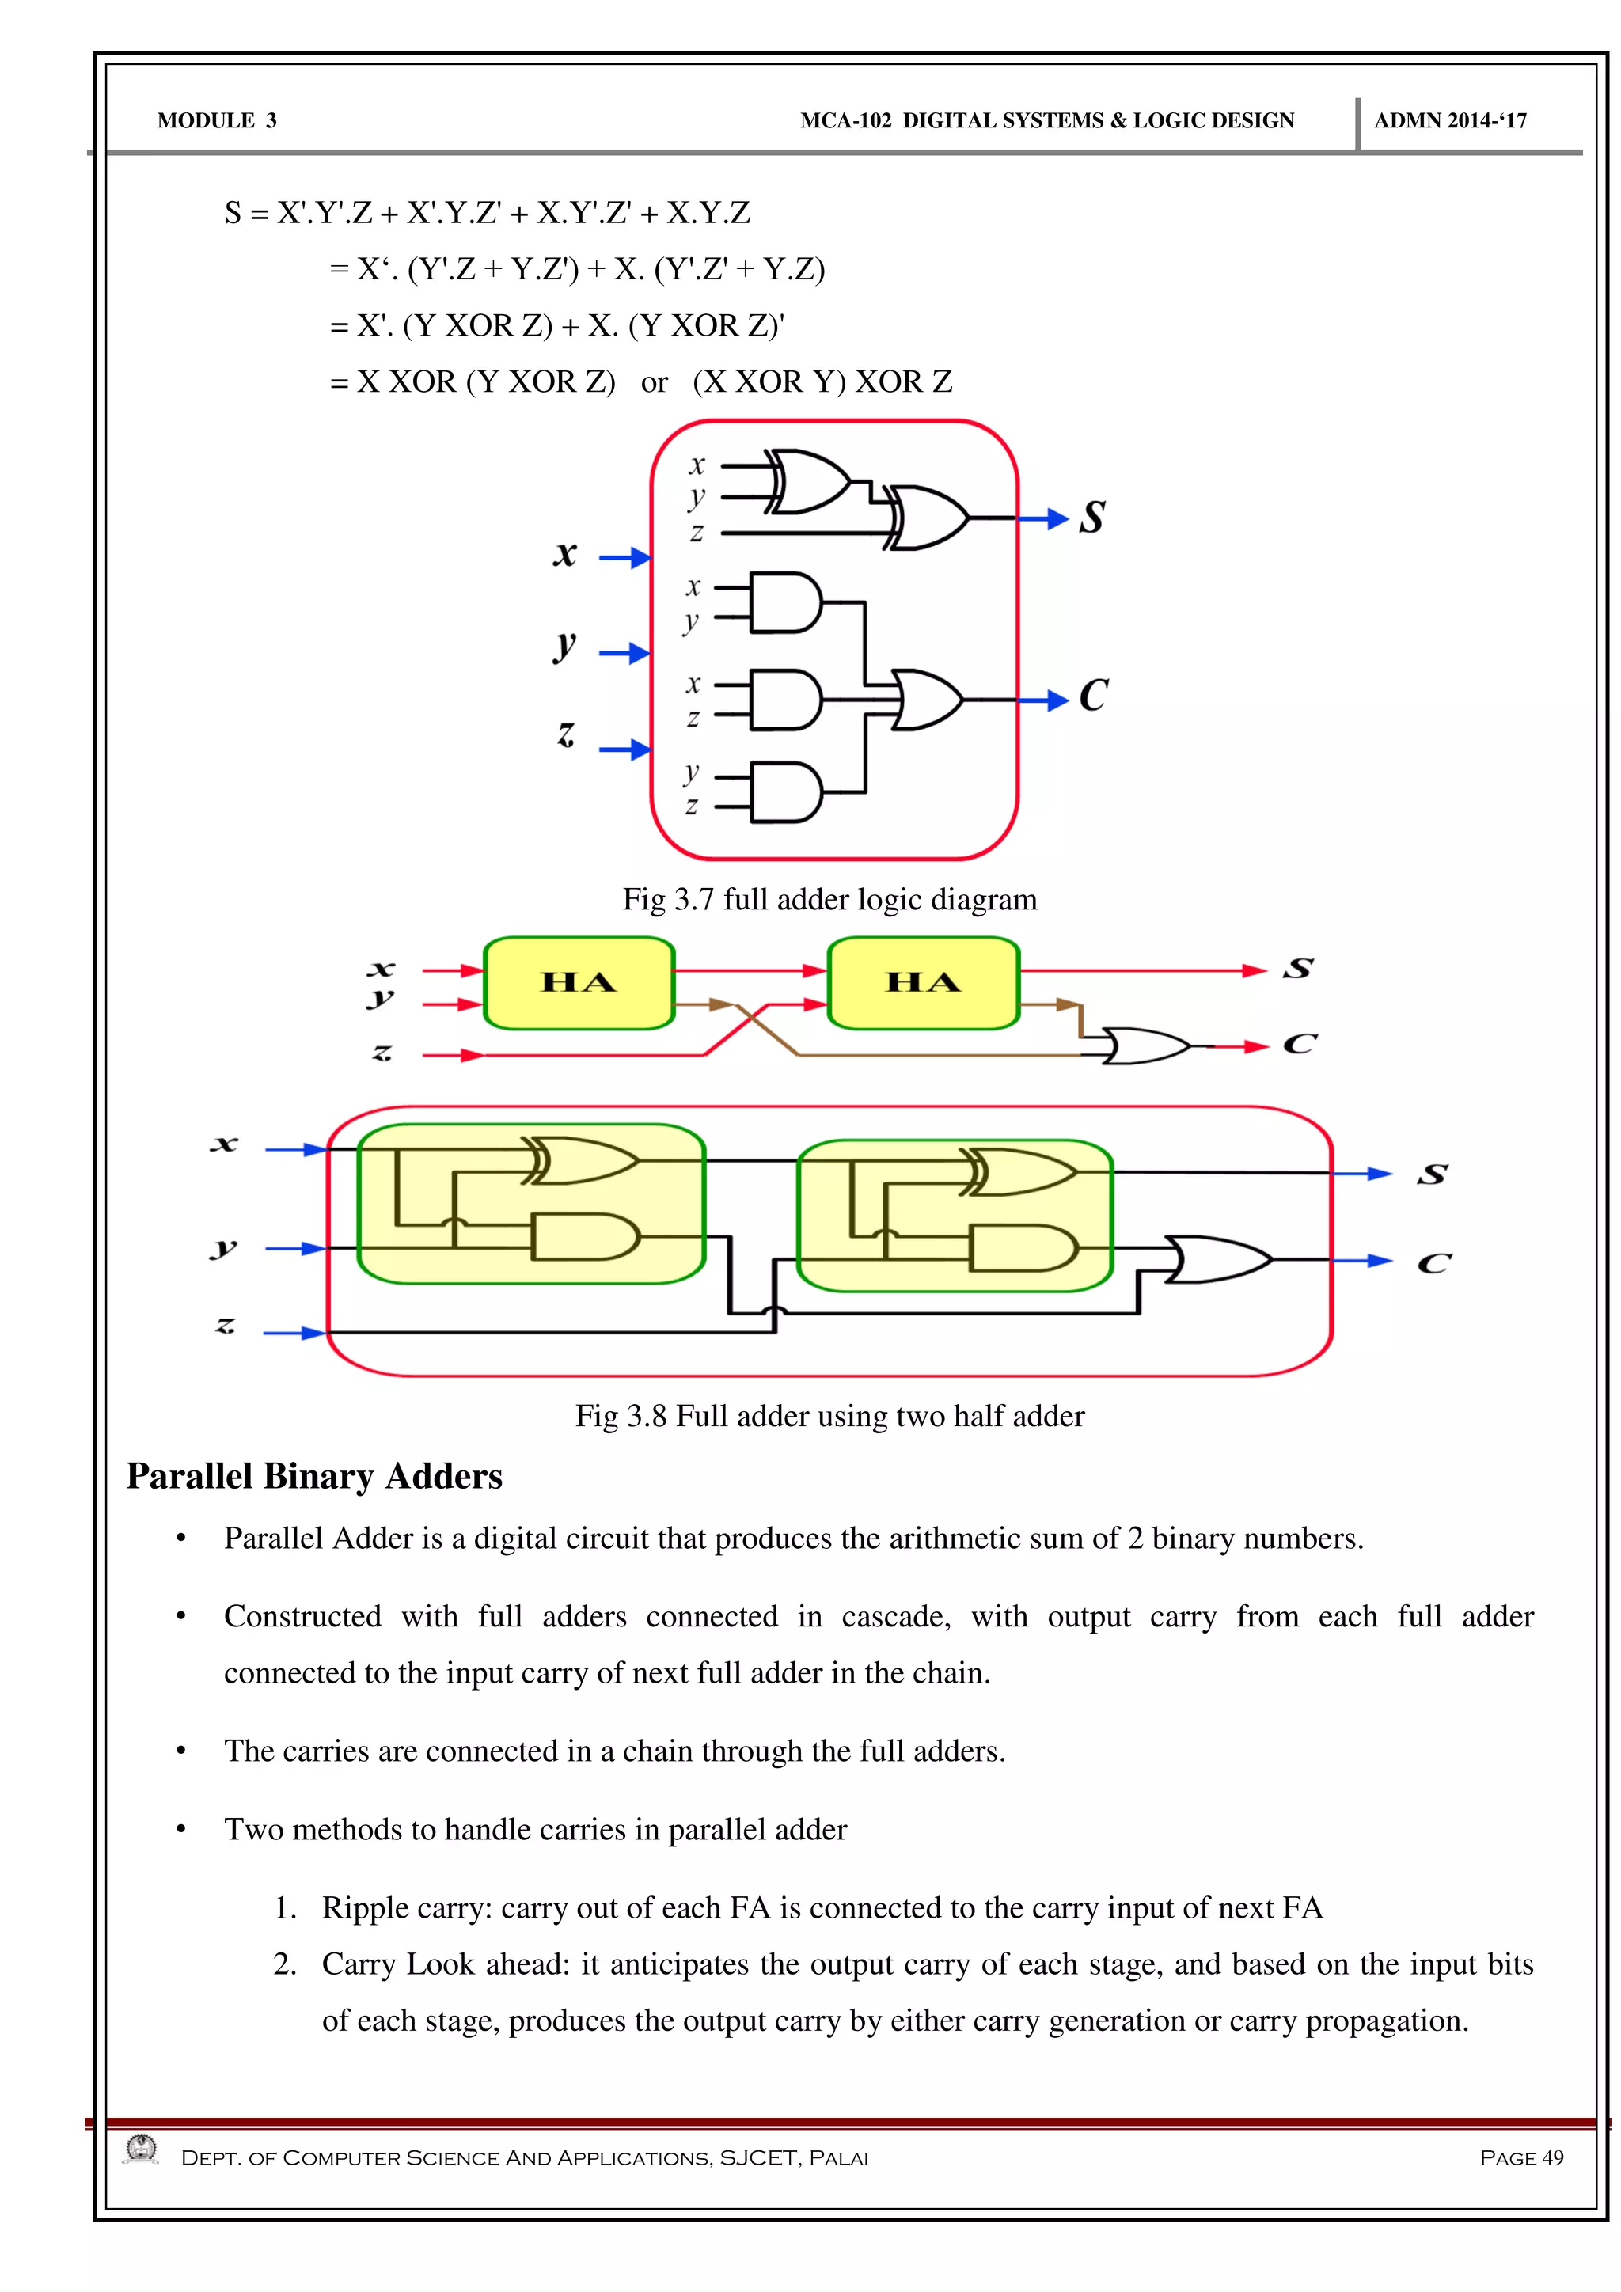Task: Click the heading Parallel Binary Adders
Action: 314,1476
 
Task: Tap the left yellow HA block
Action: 579,983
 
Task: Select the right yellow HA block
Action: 924,983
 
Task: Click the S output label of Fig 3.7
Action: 1092,517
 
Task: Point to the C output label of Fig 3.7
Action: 1093,696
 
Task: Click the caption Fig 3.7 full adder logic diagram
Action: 829,899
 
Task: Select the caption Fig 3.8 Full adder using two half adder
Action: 829,1416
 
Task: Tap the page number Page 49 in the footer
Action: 1521,2158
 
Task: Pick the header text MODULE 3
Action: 217,121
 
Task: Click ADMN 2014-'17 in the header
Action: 1450,121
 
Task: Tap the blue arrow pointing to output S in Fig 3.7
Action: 1044,518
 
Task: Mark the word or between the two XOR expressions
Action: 654,382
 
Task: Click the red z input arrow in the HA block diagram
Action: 454,1055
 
